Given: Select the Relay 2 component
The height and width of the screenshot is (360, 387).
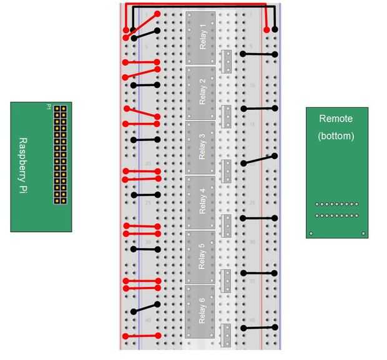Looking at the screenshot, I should [x=200, y=92].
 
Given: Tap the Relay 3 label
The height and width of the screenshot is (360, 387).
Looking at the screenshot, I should [x=201, y=146].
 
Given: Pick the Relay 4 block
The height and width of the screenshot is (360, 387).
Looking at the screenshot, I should [x=200, y=201].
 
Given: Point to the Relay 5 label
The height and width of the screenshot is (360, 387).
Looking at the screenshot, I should [x=201, y=256].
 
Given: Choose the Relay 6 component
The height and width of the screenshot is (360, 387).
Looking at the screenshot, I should [x=200, y=311].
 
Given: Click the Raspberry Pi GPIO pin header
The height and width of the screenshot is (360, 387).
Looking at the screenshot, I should [x=60, y=155].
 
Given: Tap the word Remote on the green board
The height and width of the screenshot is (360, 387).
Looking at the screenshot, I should [x=335, y=118].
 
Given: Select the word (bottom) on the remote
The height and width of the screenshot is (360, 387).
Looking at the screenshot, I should [x=336, y=135].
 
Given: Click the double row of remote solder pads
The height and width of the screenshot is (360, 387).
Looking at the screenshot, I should [x=336, y=210].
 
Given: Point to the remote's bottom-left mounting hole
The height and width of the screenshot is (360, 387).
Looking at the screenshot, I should [x=310, y=235].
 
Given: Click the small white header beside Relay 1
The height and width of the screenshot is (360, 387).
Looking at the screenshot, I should [x=226, y=61].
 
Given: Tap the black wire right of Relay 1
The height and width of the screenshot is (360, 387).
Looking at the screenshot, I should [x=258, y=55].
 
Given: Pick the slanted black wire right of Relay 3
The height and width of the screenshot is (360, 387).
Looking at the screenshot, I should [x=258, y=160].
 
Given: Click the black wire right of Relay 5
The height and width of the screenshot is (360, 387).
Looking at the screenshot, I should [x=258, y=273].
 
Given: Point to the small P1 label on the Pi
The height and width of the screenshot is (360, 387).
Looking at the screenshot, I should [x=48, y=107].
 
